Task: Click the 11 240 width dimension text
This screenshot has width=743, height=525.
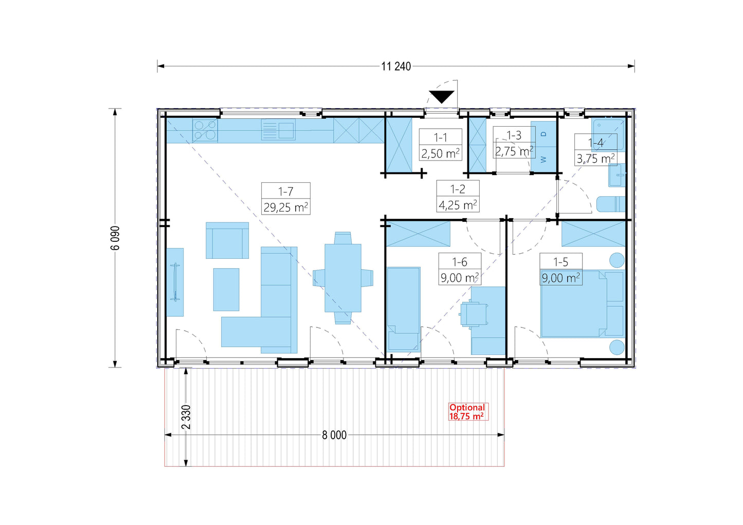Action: coord(396,66)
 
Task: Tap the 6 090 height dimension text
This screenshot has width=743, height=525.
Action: coord(115,238)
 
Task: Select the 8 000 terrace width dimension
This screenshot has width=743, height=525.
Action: coord(334,435)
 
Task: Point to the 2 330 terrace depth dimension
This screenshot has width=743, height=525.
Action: coord(187,417)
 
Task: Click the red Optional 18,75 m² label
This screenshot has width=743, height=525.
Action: coord(468,412)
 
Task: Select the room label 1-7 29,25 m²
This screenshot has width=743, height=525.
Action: coord(285,199)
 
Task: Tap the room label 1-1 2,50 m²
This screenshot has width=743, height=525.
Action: coord(441,145)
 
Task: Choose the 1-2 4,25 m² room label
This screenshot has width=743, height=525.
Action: coord(458,196)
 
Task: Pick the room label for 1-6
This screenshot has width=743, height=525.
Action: coord(460,269)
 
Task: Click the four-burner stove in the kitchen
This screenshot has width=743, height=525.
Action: coord(205,130)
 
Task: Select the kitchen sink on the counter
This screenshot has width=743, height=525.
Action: coord(278,130)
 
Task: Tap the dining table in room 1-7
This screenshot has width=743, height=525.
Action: coord(343,278)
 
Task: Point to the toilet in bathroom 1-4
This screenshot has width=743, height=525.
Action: coord(611,204)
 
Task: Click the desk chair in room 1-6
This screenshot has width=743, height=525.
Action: coord(474,313)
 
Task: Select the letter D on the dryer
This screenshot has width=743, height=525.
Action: coord(543,134)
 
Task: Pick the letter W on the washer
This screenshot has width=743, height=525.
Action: coord(543,160)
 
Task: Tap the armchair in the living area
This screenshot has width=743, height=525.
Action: coord(227,240)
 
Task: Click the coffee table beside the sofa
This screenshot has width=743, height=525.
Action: coord(226,290)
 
